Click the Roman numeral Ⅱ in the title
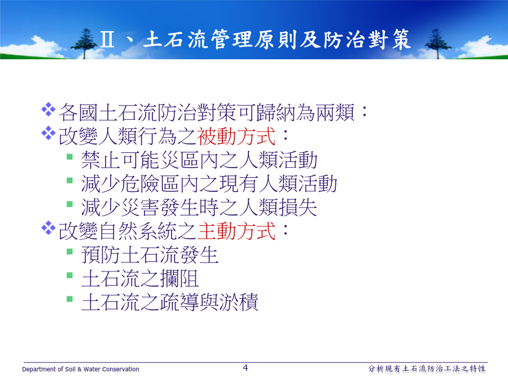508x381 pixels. point(107,40)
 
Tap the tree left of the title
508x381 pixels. point(85,43)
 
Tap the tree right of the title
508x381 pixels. point(437,43)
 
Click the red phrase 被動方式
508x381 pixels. point(236,136)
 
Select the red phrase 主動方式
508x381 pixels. point(236,231)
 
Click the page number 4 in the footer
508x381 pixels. point(246,367)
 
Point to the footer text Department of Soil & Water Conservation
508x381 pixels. point(81,369)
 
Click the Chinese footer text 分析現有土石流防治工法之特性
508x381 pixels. point(427,369)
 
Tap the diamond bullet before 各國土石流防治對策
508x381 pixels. point(49,109)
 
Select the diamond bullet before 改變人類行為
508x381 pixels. point(49,133)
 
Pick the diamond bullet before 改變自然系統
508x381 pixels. point(49,228)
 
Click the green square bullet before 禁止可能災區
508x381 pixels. point(69,157)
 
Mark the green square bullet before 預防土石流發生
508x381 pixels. point(69,252)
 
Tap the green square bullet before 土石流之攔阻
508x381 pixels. point(69,275)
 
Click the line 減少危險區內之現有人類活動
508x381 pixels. point(209,183)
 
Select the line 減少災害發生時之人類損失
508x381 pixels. point(199,207)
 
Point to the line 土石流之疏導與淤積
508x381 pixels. point(170,302)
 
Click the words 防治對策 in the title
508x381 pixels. point(367,40)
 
